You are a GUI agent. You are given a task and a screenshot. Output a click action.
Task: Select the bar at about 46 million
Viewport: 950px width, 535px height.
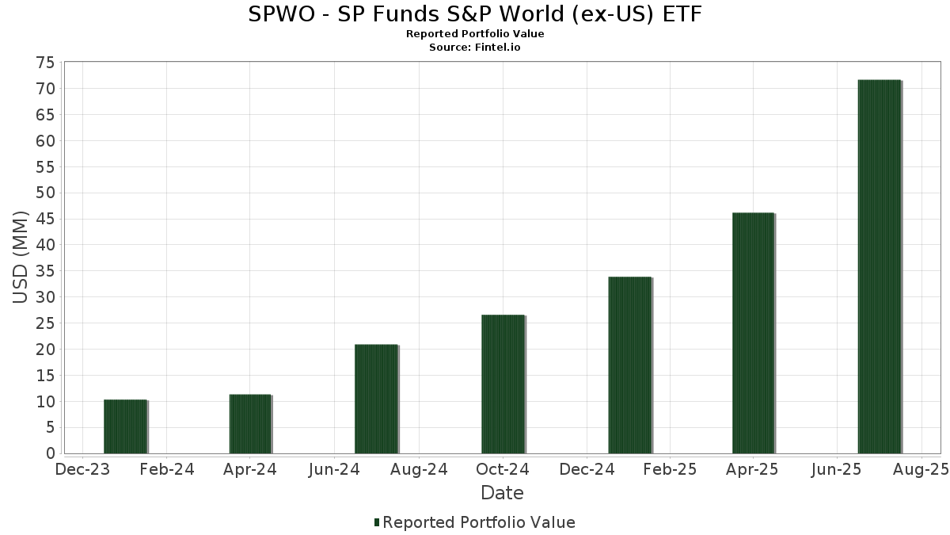click(x=753, y=333)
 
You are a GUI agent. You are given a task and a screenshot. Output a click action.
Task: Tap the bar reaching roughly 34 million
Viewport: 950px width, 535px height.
click(x=629, y=365)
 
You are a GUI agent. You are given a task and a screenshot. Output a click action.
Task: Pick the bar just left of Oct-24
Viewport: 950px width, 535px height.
click(x=503, y=384)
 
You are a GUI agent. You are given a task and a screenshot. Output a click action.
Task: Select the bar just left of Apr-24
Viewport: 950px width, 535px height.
click(x=250, y=423)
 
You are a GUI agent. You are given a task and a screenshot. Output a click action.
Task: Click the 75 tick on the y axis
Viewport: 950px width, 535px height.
click(x=45, y=63)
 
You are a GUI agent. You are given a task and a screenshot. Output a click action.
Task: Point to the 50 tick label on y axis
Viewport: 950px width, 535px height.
click(x=45, y=193)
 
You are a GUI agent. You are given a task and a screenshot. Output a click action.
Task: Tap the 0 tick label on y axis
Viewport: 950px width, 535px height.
click(x=50, y=453)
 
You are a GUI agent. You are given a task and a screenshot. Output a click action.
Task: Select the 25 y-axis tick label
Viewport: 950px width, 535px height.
click(x=45, y=323)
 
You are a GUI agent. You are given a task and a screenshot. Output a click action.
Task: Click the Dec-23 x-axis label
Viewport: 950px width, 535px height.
click(x=82, y=469)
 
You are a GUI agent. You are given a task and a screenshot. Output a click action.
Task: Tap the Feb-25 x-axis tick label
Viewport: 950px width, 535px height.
click(x=669, y=469)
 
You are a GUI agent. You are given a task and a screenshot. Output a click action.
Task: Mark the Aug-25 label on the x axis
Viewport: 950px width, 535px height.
click(x=921, y=469)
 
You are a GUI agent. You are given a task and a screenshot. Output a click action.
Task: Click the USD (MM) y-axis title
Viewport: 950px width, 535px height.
click(x=21, y=258)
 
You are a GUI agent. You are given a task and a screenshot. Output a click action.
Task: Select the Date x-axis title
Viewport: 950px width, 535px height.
click(x=502, y=493)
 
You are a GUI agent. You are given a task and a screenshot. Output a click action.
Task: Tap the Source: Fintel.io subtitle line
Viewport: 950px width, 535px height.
click(x=475, y=47)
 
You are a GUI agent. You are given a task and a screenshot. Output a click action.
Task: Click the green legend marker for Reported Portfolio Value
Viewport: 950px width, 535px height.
click(x=377, y=522)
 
